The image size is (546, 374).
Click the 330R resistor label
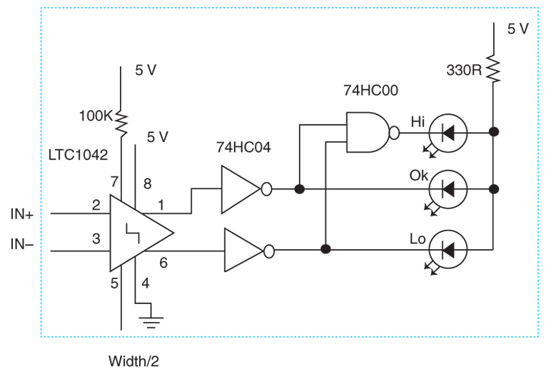point(464,71)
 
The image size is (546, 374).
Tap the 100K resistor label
point(96,116)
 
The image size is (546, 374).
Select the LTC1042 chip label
point(78,155)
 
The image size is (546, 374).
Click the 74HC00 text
point(370,91)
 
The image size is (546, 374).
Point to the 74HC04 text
point(243,148)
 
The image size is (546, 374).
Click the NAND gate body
point(368,132)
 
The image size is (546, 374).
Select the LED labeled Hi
point(448,133)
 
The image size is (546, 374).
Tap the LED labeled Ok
point(448,189)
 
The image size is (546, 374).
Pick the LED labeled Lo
point(448,249)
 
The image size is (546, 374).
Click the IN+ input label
point(22,214)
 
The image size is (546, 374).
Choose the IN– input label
point(22,245)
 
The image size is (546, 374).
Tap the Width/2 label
point(133,361)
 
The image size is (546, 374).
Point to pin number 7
point(114,182)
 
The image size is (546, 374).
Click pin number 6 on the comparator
point(163,263)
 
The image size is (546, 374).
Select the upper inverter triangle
point(241,189)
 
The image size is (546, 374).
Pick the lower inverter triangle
point(244,250)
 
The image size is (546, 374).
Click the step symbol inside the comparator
point(133,233)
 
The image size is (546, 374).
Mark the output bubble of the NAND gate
point(394,133)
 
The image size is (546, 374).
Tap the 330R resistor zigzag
point(493,69)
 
